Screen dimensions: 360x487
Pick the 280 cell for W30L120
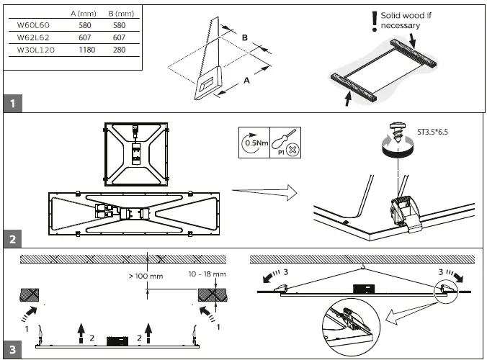119,50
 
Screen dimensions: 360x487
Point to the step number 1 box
12,104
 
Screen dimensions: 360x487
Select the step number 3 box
12,351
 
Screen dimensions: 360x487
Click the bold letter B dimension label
245,37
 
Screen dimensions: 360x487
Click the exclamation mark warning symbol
373,22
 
